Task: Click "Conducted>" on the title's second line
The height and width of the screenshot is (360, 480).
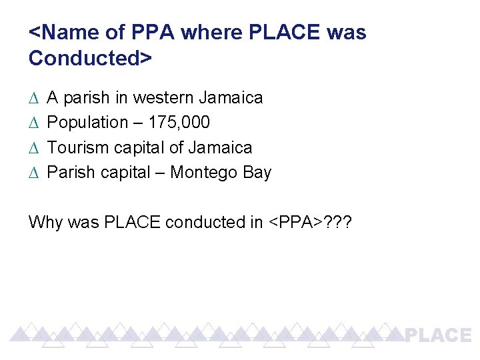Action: [x=91, y=58]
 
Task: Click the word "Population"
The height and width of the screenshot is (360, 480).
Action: [x=87, y=123]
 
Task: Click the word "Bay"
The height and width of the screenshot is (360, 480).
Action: [x=257, y=173]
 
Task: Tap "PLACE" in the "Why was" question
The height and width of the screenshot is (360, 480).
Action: [x=131, y=222]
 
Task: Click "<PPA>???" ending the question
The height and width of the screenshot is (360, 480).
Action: [x=312, y=222]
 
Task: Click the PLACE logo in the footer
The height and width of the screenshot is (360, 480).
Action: [x=439, y=335]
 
